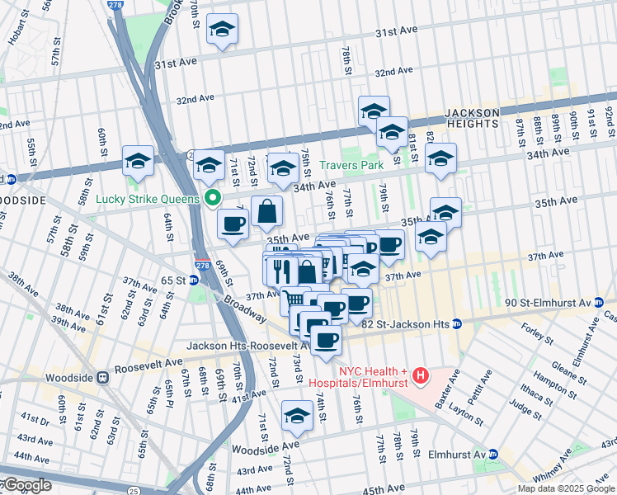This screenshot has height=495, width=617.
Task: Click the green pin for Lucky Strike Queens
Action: click(x=212, y=198)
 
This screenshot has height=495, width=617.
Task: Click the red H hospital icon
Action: click(x=422, y=376)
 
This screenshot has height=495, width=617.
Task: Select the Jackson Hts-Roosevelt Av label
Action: click(x=247, y=346)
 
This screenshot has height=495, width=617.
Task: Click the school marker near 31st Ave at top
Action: click(x=221, y=30)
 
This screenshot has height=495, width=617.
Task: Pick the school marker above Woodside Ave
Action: click(x=297, y=417)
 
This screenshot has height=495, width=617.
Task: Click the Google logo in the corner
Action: click(x=26, y=486)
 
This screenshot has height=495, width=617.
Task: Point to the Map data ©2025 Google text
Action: click(x=566, y=488)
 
